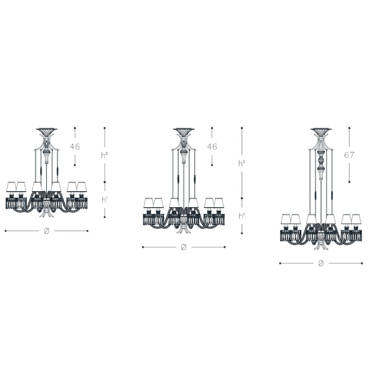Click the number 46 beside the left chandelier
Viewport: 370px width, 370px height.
(x=75, y=146)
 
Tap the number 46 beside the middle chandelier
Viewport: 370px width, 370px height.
(x=212, y=146)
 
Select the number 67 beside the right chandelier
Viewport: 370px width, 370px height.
(x=349, y=155)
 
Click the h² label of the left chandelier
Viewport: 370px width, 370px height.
(x=104, y=155)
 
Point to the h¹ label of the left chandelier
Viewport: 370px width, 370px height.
(x=104, y=200)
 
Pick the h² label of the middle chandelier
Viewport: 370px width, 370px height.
(x=242, y=163)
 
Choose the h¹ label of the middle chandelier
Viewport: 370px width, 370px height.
(x=242, y=216)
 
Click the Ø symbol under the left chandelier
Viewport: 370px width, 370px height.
(x=46, y=231)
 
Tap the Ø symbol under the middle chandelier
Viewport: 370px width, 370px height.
(x=184, y=247)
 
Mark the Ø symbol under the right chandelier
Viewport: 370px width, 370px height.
(x=321, y=264)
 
